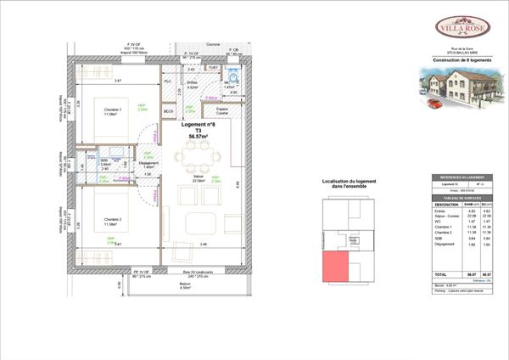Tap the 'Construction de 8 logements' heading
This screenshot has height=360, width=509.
(x=462, y=60)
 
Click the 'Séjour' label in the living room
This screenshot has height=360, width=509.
(x=199, y=176)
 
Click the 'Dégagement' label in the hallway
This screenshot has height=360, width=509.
(x=148, y=162)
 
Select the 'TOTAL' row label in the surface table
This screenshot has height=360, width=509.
(x=440, y=274)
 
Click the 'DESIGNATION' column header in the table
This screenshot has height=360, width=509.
(x=446, y=205)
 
